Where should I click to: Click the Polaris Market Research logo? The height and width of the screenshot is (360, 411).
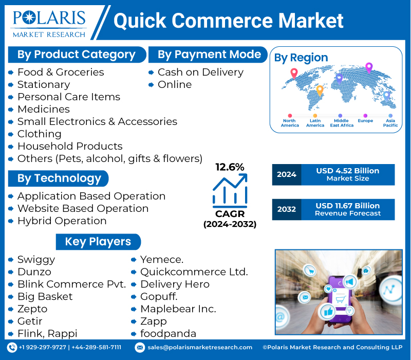coord(49,23)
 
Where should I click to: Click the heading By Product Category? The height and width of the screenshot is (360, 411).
coord(76,55)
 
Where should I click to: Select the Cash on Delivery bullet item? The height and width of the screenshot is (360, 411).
coord(200,72)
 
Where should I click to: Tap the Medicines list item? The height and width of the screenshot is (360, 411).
coord(43,109)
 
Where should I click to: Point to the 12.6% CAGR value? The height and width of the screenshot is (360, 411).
coord(230,167)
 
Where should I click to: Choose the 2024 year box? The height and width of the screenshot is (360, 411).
coord(286,174)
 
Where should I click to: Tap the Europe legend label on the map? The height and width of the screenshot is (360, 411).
coord(365,121)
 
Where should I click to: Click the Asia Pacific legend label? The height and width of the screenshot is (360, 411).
coord(390,123)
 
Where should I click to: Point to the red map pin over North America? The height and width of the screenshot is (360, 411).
coord(294,73)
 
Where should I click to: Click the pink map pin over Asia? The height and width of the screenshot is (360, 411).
coord(368,67)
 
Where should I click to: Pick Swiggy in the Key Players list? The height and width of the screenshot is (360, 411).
coord(36,259)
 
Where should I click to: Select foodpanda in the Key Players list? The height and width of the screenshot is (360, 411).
coord(168,333)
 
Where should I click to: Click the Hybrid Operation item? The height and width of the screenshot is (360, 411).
coord(62,221)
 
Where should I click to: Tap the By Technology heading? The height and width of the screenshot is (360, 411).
coord(59,178)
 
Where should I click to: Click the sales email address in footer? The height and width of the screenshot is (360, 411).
coord(199,348)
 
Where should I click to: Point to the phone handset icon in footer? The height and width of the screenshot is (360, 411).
coord(12,348)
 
